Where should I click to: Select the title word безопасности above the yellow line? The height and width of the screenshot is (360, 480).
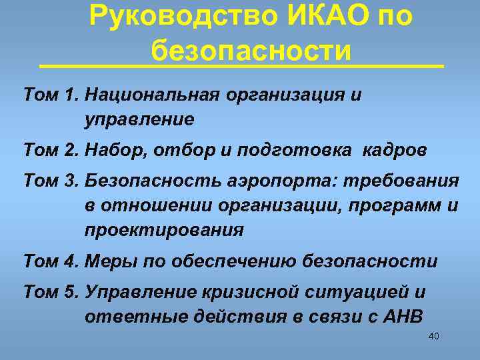tap(251, 49)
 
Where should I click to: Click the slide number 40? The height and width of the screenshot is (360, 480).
tap(433, 336)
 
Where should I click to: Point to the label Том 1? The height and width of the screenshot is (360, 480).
tap(51, 95)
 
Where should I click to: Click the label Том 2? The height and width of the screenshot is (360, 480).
tap(51, 151)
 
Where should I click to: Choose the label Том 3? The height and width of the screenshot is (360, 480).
tap(51, 181)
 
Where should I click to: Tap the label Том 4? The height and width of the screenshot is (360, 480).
tap(51, 261)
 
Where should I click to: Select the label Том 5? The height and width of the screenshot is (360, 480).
tap(51, 292)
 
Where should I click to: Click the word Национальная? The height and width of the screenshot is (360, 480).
tap(153, 95)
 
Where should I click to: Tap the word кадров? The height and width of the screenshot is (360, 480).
tap(395, 151)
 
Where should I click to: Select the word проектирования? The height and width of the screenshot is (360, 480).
tap(164, 231)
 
